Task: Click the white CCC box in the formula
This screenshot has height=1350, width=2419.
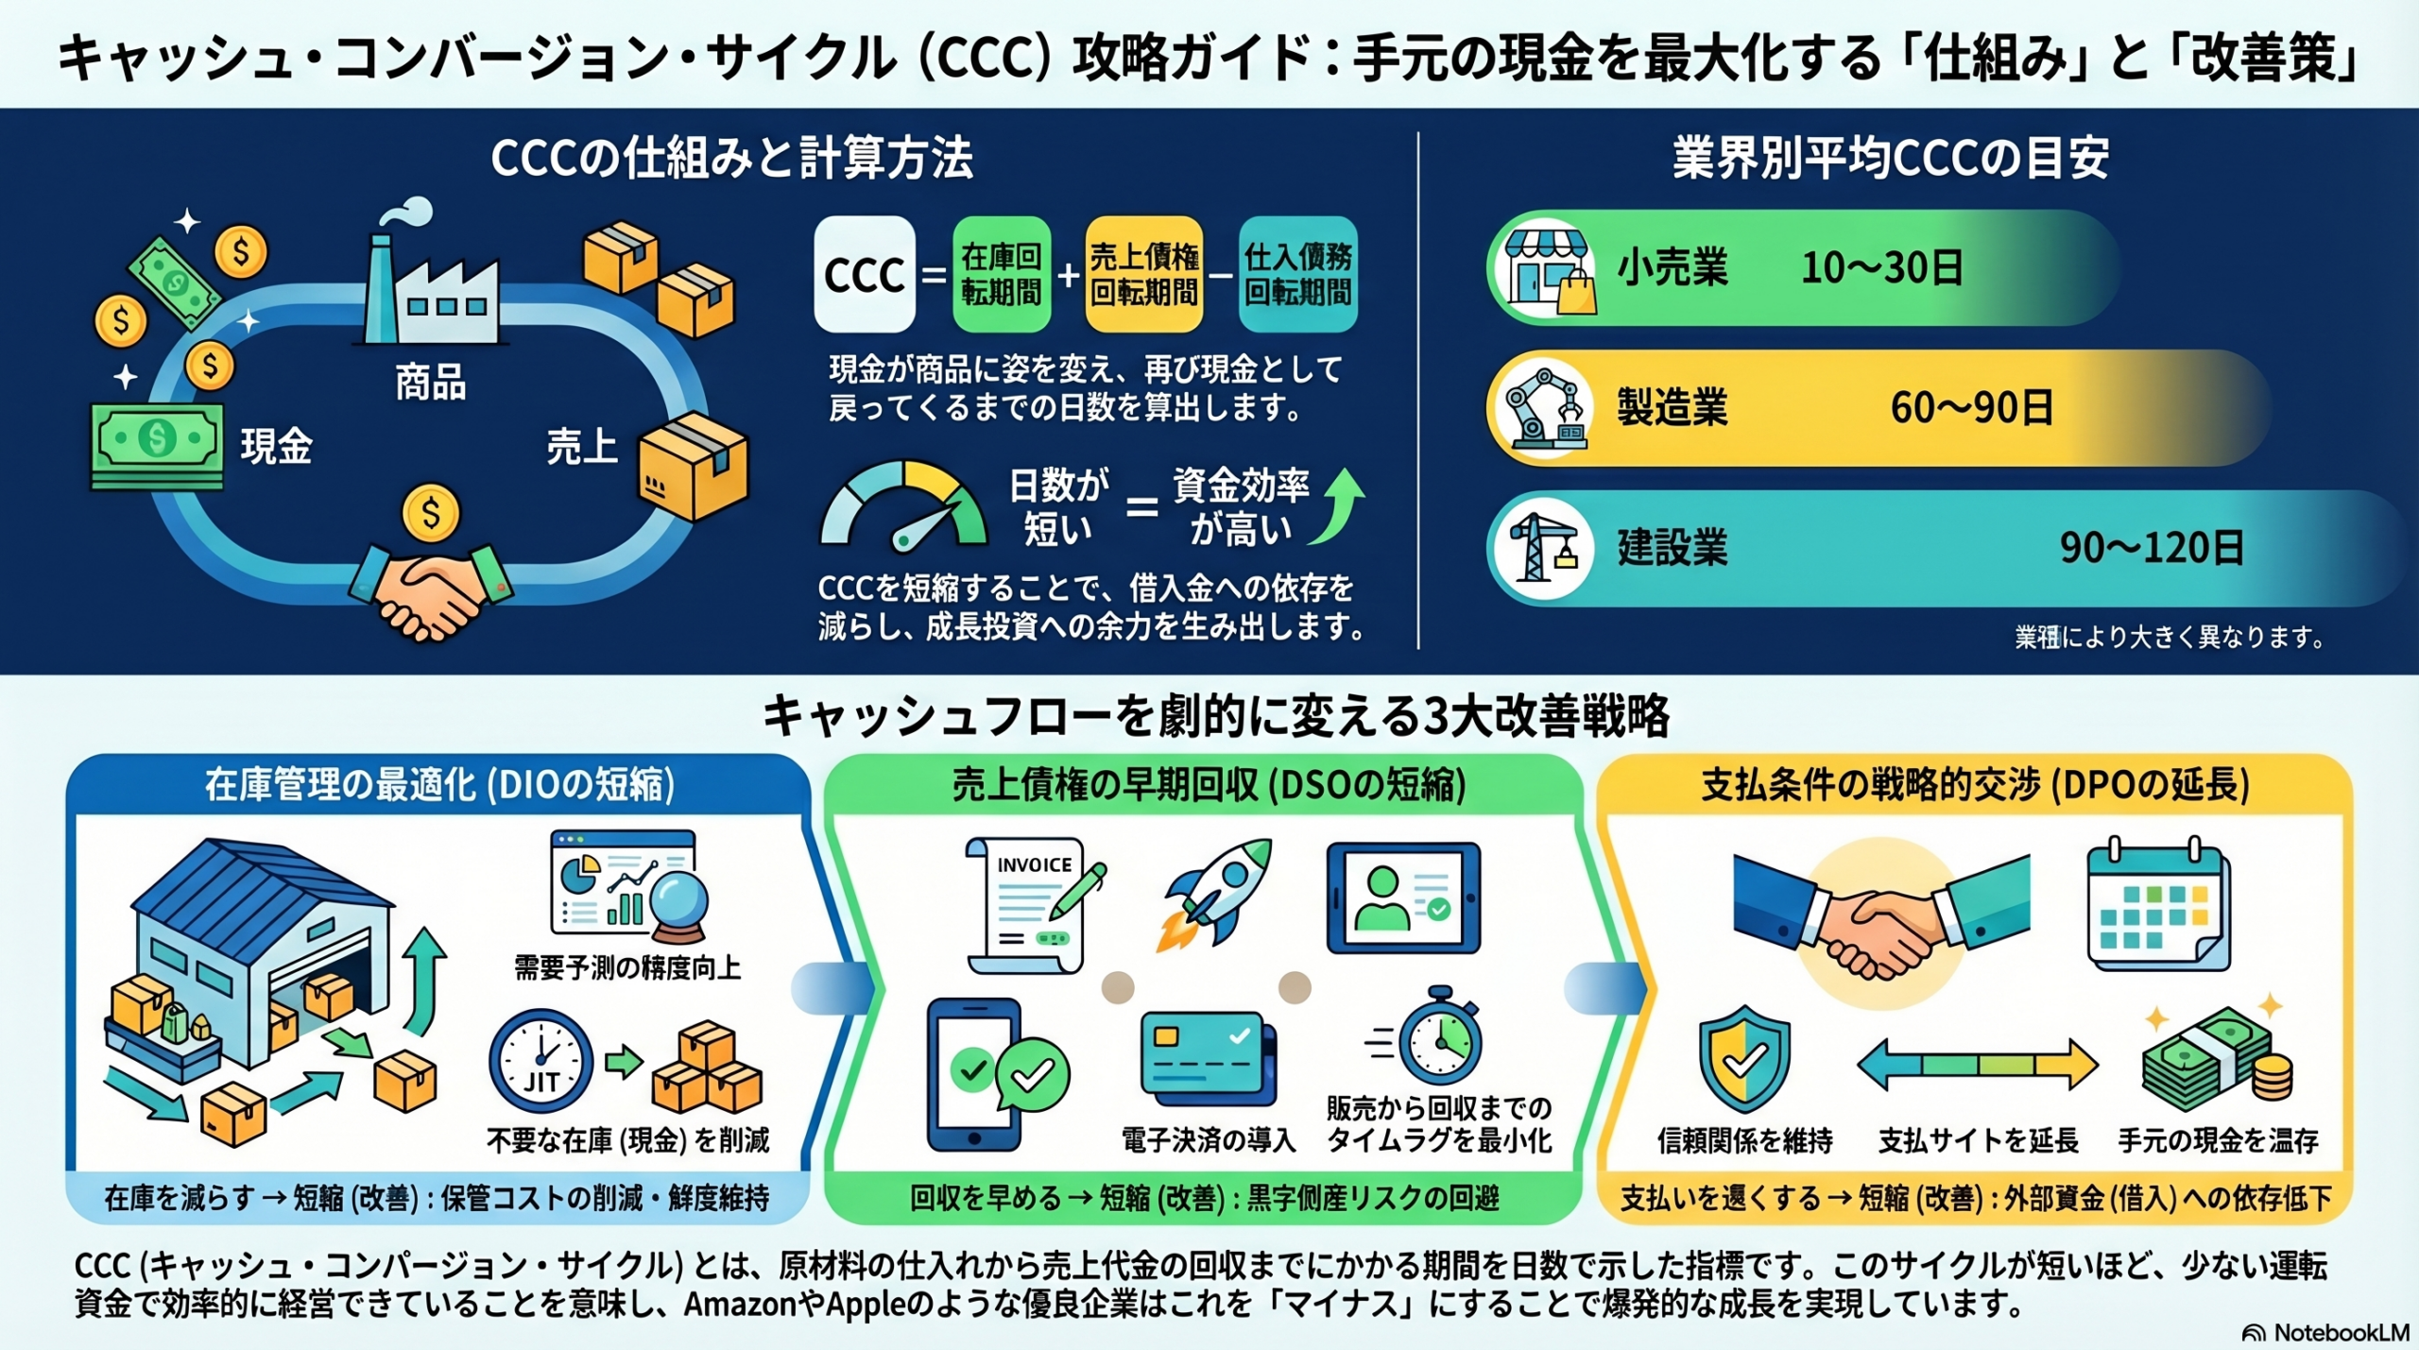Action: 864,275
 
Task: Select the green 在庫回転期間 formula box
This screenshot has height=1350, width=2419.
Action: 1002,275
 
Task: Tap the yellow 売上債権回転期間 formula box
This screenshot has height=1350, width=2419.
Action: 1143,275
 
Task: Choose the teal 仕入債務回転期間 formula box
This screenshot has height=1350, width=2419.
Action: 1297,275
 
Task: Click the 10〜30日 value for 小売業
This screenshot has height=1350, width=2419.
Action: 1881,268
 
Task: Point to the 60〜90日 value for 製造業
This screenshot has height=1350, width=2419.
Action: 1971,408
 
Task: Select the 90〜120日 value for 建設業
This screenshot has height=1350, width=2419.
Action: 2151,548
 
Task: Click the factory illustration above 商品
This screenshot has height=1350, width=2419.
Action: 431,283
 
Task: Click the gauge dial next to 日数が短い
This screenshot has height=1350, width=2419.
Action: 902,505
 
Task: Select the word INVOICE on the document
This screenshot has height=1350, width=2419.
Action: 1035,864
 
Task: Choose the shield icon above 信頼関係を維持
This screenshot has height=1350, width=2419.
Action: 1744,1058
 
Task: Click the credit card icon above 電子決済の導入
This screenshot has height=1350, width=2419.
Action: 1208,1058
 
